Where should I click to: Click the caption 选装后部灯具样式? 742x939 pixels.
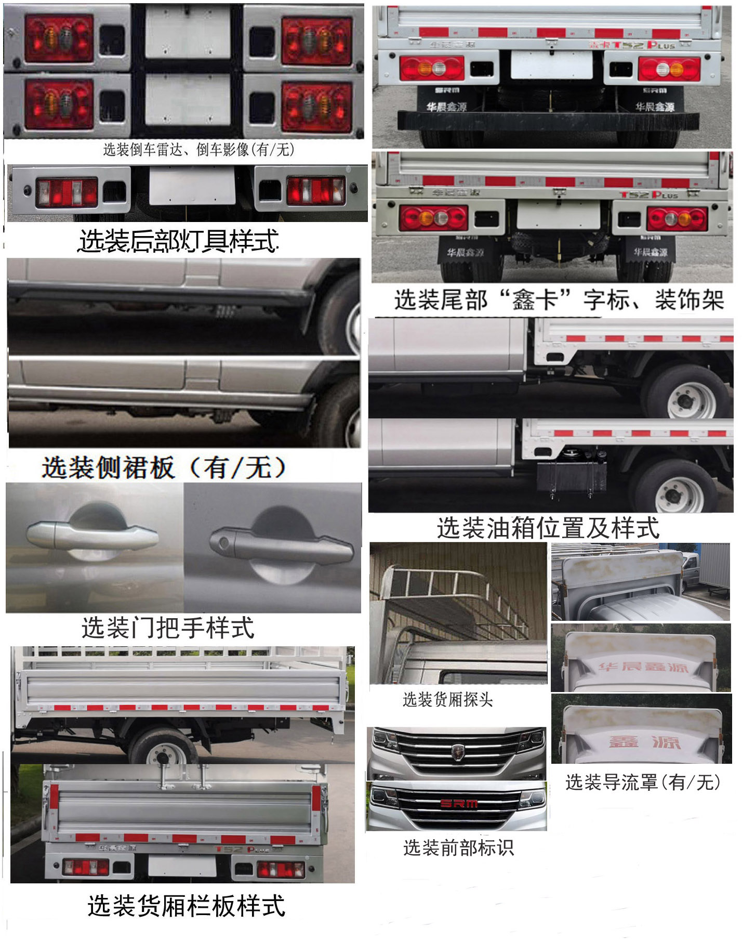178,241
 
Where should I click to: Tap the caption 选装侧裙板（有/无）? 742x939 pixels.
164,467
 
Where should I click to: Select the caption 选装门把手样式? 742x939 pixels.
168,628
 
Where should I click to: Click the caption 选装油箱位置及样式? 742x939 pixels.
548,528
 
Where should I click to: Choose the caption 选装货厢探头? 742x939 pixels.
447,699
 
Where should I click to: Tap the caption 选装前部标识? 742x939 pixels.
458,848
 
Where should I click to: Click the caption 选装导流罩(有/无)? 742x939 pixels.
643,781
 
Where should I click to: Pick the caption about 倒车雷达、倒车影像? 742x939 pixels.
199,150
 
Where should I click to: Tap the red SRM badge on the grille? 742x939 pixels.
459,804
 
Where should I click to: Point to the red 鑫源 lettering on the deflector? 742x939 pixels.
644,741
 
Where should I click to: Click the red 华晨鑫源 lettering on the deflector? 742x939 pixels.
643,667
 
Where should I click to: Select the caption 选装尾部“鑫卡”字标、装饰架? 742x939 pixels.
559,300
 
